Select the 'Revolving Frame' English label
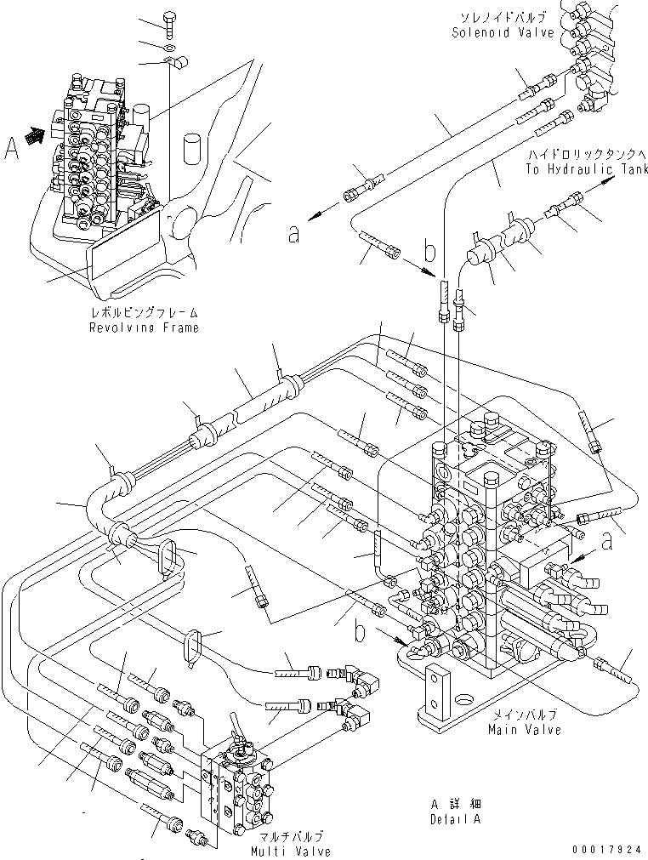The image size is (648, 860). (x=145, y=328)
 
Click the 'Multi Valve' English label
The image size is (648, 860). (x=289, y=851)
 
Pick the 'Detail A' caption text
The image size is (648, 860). (x=456, y=820)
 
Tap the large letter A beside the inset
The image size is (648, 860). (x=13, y=150)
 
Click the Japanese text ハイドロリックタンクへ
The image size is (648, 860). (x=586, y=156)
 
